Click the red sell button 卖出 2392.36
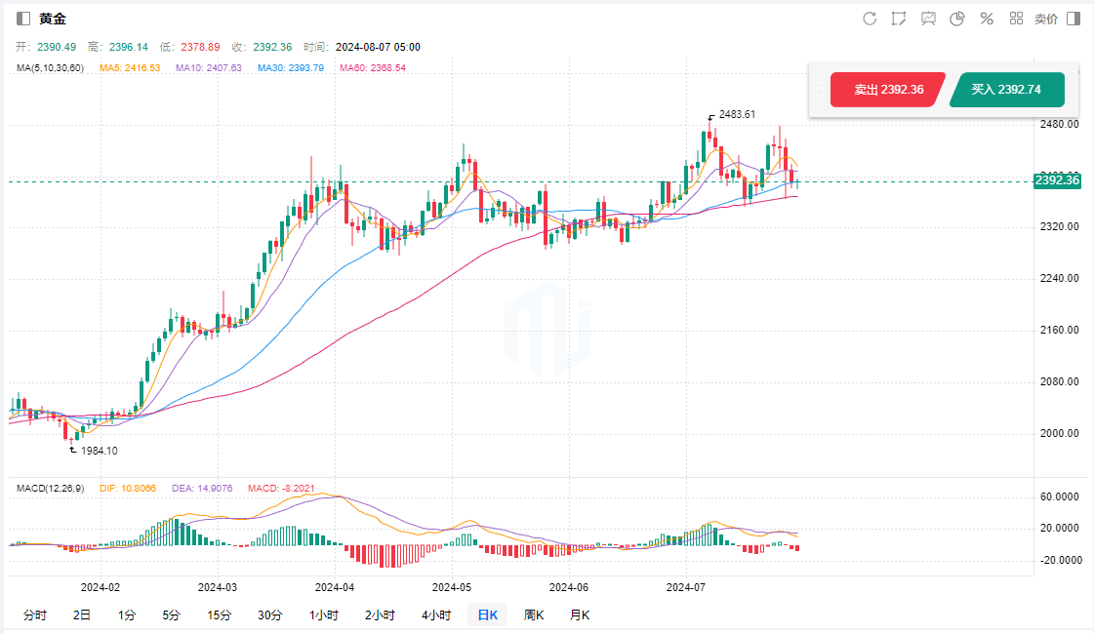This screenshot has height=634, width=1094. (x=887, y=90)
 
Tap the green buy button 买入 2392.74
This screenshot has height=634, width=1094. (x=1006, y=90)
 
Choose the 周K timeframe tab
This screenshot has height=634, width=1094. (x=534, y=614)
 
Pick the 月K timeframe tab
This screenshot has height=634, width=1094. (x=580, y=614)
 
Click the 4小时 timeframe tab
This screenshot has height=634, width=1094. (x=436, y=614)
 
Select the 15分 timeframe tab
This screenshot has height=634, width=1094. (x=219, y=614)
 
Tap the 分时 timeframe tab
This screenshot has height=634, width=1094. (x=34, y=614)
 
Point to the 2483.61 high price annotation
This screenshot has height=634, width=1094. (x=737, y=114)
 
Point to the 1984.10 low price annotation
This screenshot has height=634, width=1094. (x=99, y=451)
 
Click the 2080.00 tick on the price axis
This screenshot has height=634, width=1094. (x=1059, y=381)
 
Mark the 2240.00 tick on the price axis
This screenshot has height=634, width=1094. (x=1059, y=278)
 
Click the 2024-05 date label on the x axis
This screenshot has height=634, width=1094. (x=451, y=587)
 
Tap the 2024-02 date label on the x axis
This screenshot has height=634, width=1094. (x=100, y=587)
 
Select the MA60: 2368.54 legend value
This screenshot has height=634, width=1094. (x=372, y=67)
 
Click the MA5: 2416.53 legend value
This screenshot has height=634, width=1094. (x=130, y=67)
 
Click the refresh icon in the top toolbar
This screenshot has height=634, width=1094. (x=870, y=19)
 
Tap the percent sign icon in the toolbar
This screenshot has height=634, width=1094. (x=987, y=19)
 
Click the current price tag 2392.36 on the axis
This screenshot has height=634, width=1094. (x=1057, y=180)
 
